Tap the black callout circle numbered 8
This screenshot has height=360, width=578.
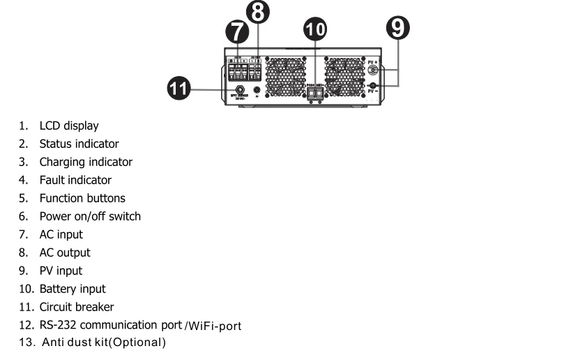[x=257, y=12]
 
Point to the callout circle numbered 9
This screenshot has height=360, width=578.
[x=398, y=27]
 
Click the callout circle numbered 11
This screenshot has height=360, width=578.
[x=180, y=89]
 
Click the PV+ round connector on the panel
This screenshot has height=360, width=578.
[x=373, y=70]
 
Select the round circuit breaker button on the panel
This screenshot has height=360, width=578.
[x=241, y=89]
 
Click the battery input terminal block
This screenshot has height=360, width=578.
[x=314, y=92]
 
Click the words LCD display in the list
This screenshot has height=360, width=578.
[x=68, y=126]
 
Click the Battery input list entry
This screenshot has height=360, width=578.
[x=72, y=289]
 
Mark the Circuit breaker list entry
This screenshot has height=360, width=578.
[x=76, y=307]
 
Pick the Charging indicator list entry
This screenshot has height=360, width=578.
[x=85, y=162]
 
